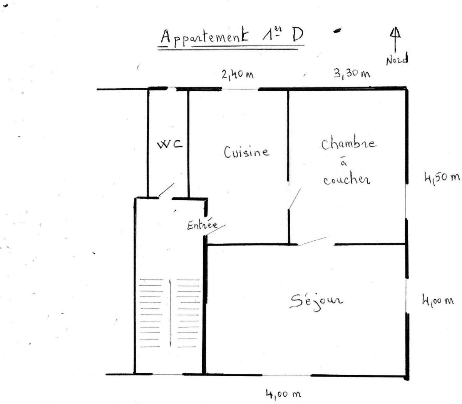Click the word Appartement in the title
204,37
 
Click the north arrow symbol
395,40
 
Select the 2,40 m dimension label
237,74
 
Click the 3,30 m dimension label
352,74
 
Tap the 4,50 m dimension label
442,177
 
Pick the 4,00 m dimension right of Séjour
438,301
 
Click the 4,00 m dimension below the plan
283,394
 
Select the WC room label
170,144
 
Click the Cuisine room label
247,152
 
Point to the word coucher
346,180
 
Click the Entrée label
202,225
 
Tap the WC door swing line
166,190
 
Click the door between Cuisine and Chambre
295,198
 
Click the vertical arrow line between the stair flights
170,313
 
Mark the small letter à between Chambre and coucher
344,163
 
